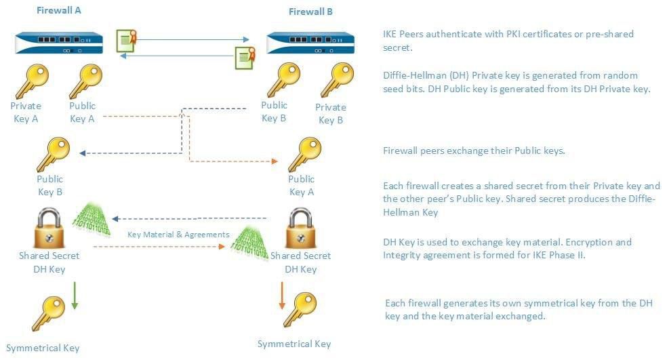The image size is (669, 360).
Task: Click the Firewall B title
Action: [x=310, y=12]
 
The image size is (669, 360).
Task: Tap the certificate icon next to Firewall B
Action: [x=245, y=58]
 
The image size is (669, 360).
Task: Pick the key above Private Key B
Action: [x=336, y=81]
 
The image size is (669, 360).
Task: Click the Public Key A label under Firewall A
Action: [x=83, y=112]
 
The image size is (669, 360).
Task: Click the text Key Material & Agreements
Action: [x=178, y=235]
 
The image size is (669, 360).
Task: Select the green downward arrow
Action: [x=75, y=297]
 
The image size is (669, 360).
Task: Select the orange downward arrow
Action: [x=281, y=296]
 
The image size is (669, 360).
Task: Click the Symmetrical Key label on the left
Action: [x=43, y=348]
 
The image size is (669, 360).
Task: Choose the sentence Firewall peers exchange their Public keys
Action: [x=474, y=151]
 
